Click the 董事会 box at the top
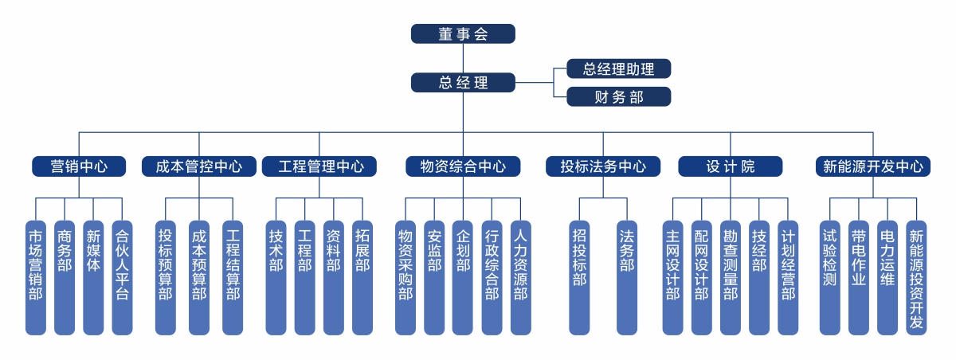click(x=463, y=33)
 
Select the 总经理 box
click(x=463, y=82)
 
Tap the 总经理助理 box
click(x=618, y=68)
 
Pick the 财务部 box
click(x=618, y=97)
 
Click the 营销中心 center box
click(x=79, y=166)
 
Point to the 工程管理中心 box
click(x=320, y=166)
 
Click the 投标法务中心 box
click(x=602, y=166)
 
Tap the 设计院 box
click(x=730, y=166)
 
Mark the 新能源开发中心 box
click(x=873, y=166)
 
